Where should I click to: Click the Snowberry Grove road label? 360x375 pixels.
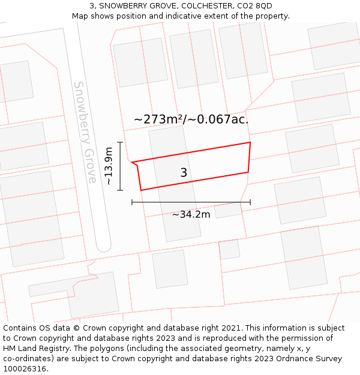(85, 132)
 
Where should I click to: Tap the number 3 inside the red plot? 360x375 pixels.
(184, 173)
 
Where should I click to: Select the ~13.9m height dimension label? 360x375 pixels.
(109, 166)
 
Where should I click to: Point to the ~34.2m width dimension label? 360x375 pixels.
(191, 214)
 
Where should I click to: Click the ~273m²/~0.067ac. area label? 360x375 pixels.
(191, 119)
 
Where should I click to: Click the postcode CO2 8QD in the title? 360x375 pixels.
(255, 6)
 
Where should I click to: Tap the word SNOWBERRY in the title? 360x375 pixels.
(123, 6)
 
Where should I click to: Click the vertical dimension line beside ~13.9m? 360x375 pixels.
(121, 166)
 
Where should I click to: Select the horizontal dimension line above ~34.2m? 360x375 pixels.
(191, 202)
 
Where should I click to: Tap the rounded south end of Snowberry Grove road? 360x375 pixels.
(104, 245)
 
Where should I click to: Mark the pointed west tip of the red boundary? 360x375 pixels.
(132, 162)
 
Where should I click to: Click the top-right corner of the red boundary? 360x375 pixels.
(250, 143)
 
